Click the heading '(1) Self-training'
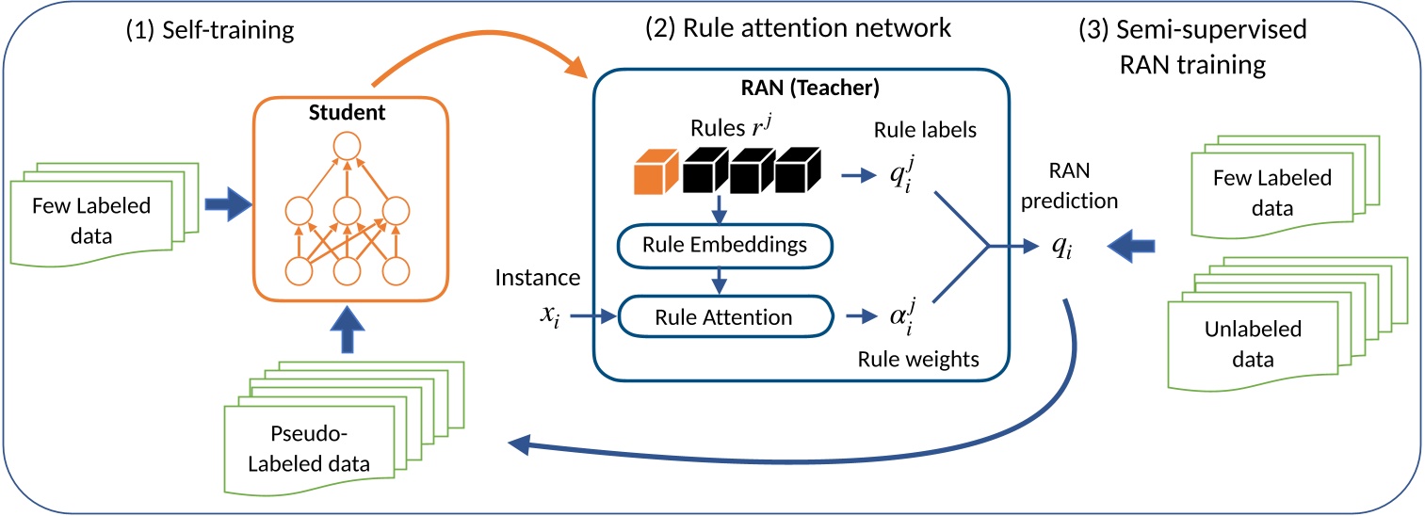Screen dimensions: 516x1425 click(210, 30)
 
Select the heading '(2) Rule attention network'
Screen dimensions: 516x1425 click(798, 28)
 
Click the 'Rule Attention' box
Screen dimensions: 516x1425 click(723, 316)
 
